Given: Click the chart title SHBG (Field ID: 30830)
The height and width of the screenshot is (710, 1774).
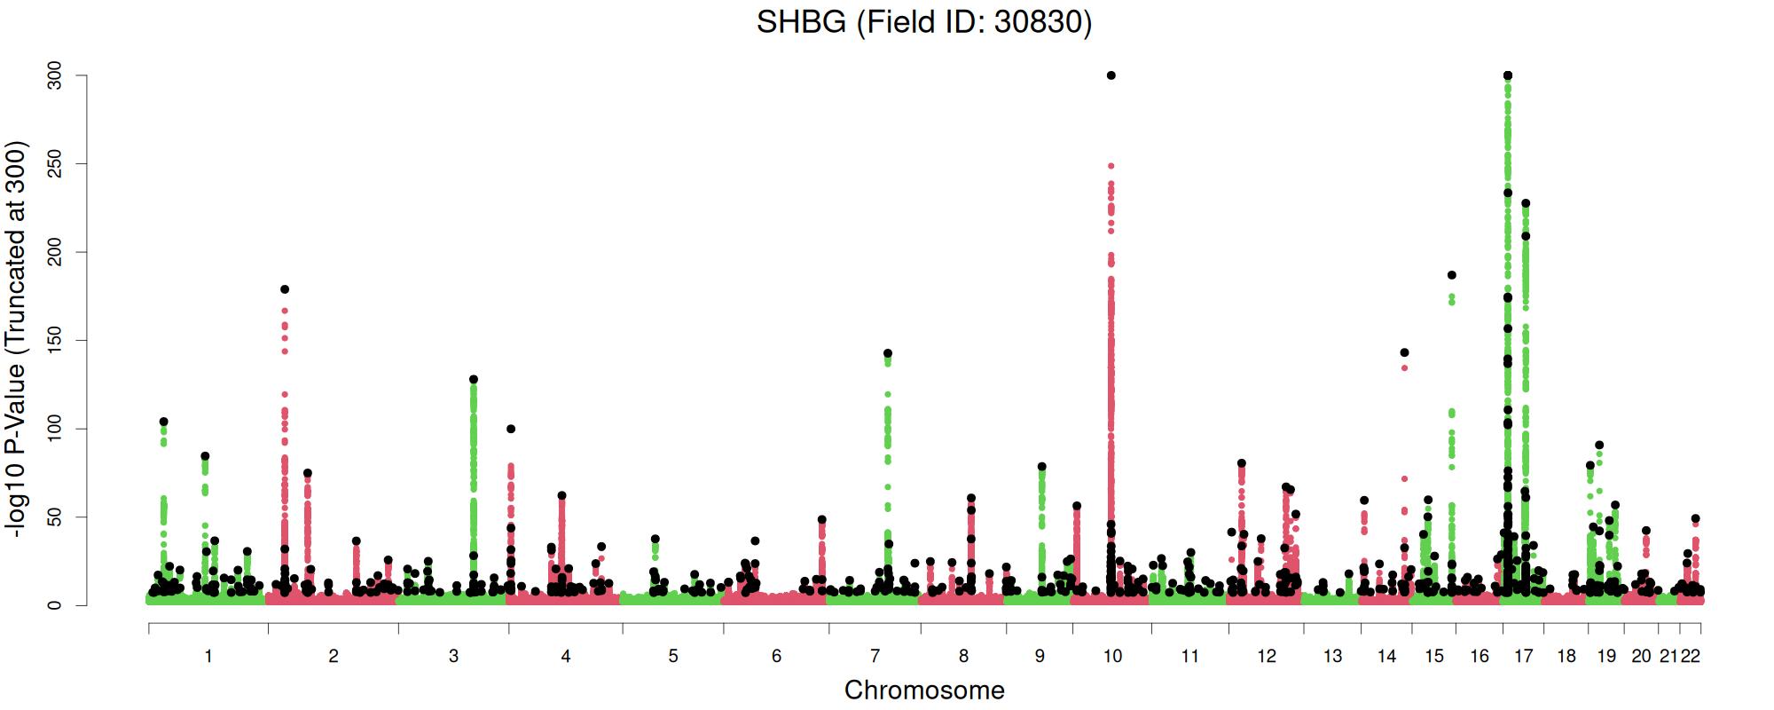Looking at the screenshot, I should click(923, 22).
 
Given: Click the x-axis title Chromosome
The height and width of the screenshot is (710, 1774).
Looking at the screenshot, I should click(923, 690).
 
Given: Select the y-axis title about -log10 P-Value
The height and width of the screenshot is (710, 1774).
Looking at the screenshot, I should click(17, 339).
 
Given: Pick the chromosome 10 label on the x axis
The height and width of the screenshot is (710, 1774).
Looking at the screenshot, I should click(1112, 656).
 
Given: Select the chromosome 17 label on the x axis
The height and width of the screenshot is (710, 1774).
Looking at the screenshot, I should click(1523, 656).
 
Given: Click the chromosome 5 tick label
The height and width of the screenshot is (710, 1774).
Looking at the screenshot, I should click(673, 656).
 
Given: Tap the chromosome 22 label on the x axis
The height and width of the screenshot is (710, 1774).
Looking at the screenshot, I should click(1691, 656).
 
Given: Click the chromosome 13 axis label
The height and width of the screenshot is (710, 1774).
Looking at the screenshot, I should click(1332, 656).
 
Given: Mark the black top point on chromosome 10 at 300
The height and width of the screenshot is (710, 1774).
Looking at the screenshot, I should click(1111, 75).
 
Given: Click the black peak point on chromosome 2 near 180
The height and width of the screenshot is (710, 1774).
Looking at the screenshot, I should click(285, 289).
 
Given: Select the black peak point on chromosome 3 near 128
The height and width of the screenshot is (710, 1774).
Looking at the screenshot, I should click(474, 379).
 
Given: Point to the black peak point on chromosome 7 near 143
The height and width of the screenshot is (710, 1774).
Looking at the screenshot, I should click(888, 353).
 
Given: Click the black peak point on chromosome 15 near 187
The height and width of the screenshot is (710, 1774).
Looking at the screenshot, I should click(1452, 275).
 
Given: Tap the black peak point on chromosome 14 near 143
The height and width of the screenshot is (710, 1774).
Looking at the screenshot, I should click(1404, 352).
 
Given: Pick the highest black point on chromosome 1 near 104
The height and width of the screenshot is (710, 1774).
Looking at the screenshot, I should click(163, 422).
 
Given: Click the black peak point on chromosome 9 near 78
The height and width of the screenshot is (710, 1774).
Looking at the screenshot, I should click(1042, 467).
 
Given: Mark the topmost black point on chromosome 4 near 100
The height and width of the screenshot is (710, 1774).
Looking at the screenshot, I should click(511, 429).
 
